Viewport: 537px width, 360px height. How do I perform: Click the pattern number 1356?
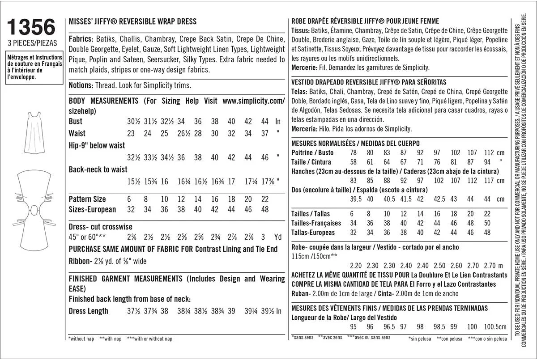click(31, 27)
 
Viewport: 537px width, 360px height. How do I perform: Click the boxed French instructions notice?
click(34, 67)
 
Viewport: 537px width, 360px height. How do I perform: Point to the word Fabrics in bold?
click(81, 38)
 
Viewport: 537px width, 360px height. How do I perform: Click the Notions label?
click(81, 85)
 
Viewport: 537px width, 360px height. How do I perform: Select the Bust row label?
click(76, 122)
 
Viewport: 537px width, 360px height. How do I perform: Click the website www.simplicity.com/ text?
click(253, 101)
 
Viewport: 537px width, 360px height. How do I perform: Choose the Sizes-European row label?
click(92, 209)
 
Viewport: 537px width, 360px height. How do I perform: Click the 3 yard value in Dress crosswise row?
click(263, 237)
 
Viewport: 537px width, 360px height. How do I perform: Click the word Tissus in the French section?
click(300, 31)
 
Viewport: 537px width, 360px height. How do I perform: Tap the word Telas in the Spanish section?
click(299, 92)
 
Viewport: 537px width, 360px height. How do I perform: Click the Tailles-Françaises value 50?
click(487, 223)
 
